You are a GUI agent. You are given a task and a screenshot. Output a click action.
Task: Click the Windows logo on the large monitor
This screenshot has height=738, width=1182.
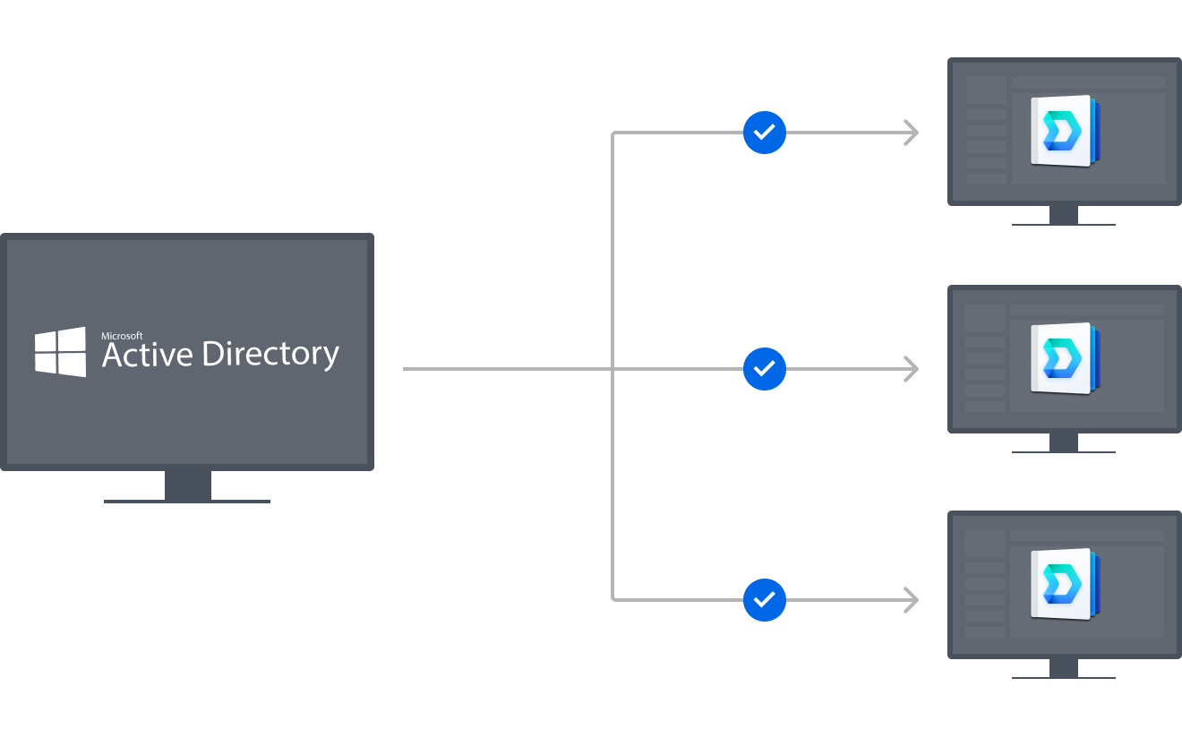pos(61,352)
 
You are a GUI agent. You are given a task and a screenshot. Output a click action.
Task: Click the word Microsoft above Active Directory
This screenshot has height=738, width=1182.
pos(122,336)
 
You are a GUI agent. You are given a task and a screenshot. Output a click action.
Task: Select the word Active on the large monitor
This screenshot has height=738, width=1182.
pos(147,355)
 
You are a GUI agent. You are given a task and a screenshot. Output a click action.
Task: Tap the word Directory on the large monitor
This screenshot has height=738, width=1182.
pos(270,356)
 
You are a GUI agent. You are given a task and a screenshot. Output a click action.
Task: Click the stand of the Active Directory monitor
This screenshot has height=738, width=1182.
pos(188,486)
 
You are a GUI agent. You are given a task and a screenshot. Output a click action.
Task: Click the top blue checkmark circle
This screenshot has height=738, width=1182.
pos(764,133)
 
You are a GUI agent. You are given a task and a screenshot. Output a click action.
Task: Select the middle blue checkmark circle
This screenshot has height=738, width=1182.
pos(764,368)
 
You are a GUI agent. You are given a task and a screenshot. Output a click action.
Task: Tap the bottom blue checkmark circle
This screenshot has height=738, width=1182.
pos(764,599)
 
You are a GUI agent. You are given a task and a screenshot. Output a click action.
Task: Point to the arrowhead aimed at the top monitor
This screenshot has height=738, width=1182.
pos(911,133)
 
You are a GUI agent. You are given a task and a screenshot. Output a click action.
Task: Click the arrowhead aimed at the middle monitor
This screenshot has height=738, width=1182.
pos(911,368)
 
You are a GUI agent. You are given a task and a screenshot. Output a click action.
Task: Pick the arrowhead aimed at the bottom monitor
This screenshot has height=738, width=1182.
pos(911,599)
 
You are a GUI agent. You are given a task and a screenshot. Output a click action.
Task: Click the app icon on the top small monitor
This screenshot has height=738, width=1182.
pos(1064,131)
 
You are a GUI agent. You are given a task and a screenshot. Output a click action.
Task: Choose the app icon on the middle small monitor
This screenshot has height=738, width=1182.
pos(1064,358)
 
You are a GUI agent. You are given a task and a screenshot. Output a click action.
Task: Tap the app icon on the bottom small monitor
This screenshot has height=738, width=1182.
pos(1064,584)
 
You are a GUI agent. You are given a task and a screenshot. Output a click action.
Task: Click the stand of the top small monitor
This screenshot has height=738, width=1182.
pos(1064,215)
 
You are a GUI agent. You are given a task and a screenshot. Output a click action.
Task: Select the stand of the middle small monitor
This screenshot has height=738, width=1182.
pos(1064,442)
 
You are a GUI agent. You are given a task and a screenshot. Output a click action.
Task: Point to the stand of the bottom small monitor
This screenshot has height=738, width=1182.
pos(1064,668)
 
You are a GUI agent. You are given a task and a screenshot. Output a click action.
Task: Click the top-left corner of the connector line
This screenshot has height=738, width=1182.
pos(613,133)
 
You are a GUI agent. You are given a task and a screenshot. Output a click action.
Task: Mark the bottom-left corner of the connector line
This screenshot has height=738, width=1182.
pos(613,598)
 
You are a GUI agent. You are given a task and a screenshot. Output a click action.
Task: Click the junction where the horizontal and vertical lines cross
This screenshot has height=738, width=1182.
pos(612,368)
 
